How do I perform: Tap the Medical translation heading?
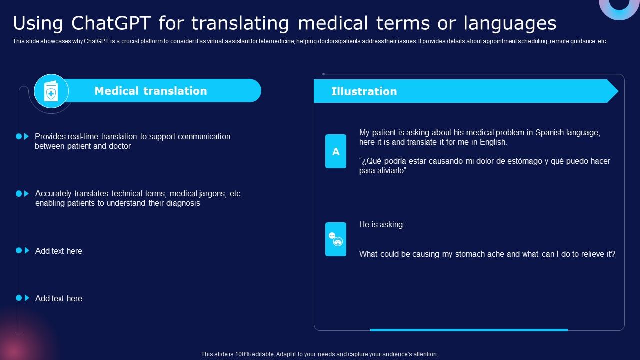(150, 91)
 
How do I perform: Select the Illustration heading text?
(364, 91)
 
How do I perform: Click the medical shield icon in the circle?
(51, 91)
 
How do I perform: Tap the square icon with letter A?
(336, 151)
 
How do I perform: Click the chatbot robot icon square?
(336, 239)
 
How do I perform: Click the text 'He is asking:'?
(382, 225)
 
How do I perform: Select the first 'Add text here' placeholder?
(59, 251)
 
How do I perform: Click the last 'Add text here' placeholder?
(59, 299)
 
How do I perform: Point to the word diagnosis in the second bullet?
(183, 203)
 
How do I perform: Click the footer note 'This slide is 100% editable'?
(319, 354)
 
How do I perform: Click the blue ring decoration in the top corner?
(619, 7)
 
